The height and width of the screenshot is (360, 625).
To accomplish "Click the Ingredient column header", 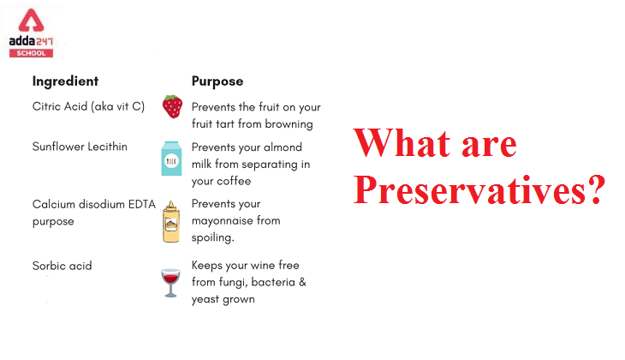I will pyautogui.click(x=65, y=81).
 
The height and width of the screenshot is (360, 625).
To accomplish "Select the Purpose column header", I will pyautogui.click(x=217, y=81).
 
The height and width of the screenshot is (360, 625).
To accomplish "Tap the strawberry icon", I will pyautogui.click(x=172, y=107).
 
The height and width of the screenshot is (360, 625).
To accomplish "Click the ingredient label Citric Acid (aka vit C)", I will pyautogui.click(x=89, y=107).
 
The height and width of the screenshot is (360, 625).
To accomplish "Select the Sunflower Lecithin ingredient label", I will pyautogui.click(x=80, y=147).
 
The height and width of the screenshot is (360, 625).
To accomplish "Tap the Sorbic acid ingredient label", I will pyautogui.click(x=62, y=266).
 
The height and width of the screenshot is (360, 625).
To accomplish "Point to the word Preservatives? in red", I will pyautogui.click(x=479, y=189).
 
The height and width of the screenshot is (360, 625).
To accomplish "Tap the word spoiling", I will pyautogui.click(x=211, y=237).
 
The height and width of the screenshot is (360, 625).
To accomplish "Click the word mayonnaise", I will pyautogui.click(x=224, y=221).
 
